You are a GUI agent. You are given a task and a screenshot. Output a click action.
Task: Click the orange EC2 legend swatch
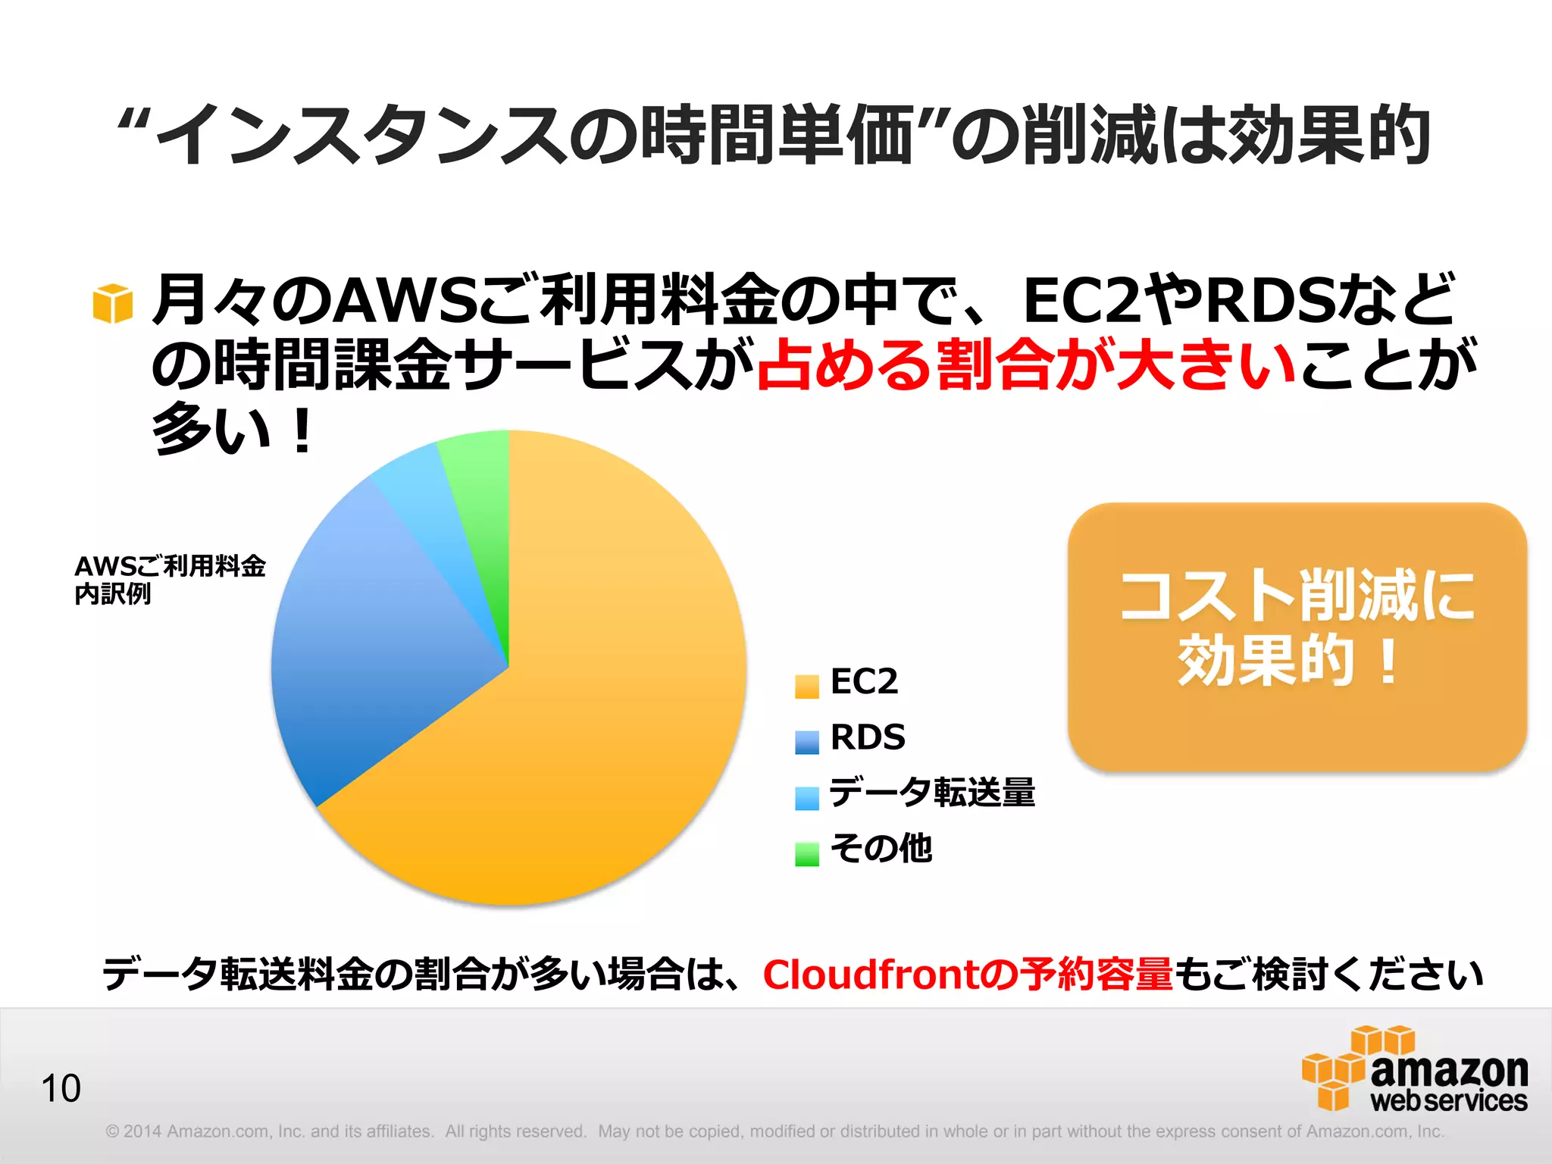tap(806, 686)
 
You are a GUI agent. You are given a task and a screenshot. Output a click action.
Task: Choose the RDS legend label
tap(868, 737)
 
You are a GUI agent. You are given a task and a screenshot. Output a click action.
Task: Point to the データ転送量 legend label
tap(932, 793)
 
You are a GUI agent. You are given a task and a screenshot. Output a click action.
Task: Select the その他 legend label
tap(881, 848)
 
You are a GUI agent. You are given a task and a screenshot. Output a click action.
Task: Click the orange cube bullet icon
tap(113, 304)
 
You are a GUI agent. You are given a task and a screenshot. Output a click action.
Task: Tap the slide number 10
tap(61, 1089)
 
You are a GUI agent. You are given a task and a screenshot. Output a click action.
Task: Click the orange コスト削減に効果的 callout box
tap(1297, 637)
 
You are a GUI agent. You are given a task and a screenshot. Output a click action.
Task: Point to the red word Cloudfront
tap(870, 975)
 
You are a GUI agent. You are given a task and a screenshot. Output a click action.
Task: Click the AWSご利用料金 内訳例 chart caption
tap(170, 580)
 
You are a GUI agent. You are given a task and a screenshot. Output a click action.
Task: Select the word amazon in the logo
tap(1449, 1071)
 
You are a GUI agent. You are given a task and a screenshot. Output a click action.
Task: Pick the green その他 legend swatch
tap(806, 854)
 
